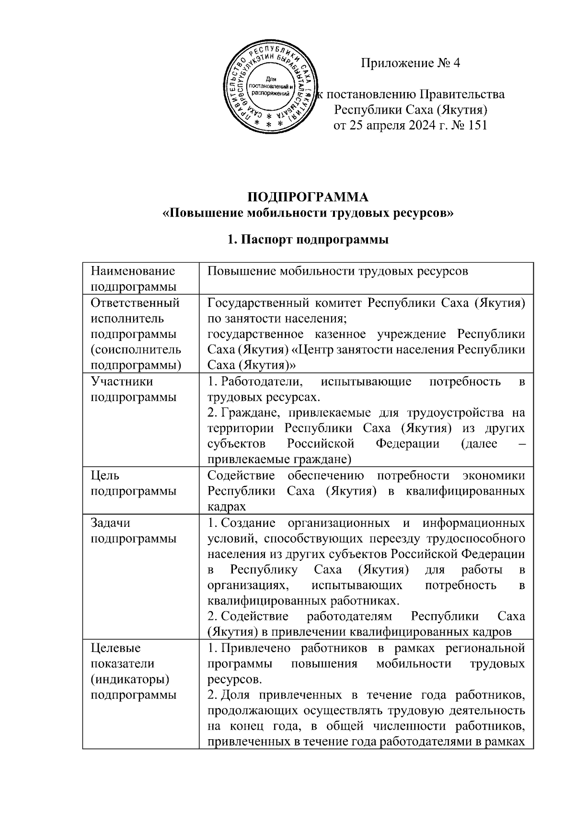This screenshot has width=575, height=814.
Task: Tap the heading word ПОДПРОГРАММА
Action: click(308, 197)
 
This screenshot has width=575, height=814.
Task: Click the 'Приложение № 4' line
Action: click(410, 63)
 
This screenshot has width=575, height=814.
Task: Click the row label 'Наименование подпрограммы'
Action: click(133, 279)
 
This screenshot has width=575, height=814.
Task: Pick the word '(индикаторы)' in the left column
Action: click(130, 679)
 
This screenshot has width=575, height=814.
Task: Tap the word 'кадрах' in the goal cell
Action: click(227, 507)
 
